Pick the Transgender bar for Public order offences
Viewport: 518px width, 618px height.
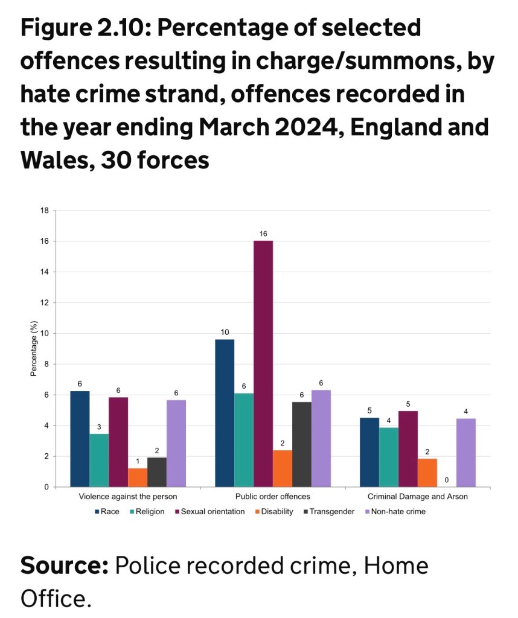[x=302, y=444]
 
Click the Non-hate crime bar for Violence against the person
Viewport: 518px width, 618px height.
[x=176, y=443]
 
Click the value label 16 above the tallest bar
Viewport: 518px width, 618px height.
[x=263, y=233]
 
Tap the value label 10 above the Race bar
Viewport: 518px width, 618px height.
[x=225, y=332]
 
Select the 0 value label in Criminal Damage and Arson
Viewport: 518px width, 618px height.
[x=447, y=480]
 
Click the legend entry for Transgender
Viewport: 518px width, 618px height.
[x=329, y=512]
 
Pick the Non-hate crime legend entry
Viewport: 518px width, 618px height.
[x=398, y=512]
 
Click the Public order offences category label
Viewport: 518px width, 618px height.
[x=273, y=497]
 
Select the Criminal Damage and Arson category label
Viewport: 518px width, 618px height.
[x=418, y=497]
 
